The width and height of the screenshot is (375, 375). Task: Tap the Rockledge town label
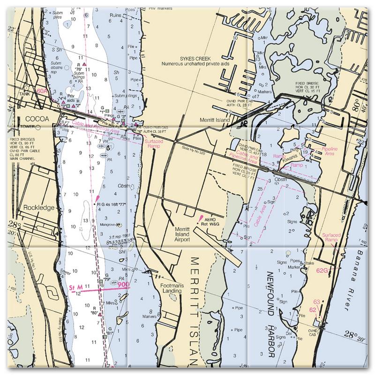tap(46, 207)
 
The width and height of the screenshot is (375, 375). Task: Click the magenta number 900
tap(124, 285)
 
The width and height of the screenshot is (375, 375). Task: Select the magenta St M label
tap(75, 286)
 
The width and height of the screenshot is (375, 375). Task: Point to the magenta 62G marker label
tap(322, 270)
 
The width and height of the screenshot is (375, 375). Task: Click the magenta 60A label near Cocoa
tap(42, 90)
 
